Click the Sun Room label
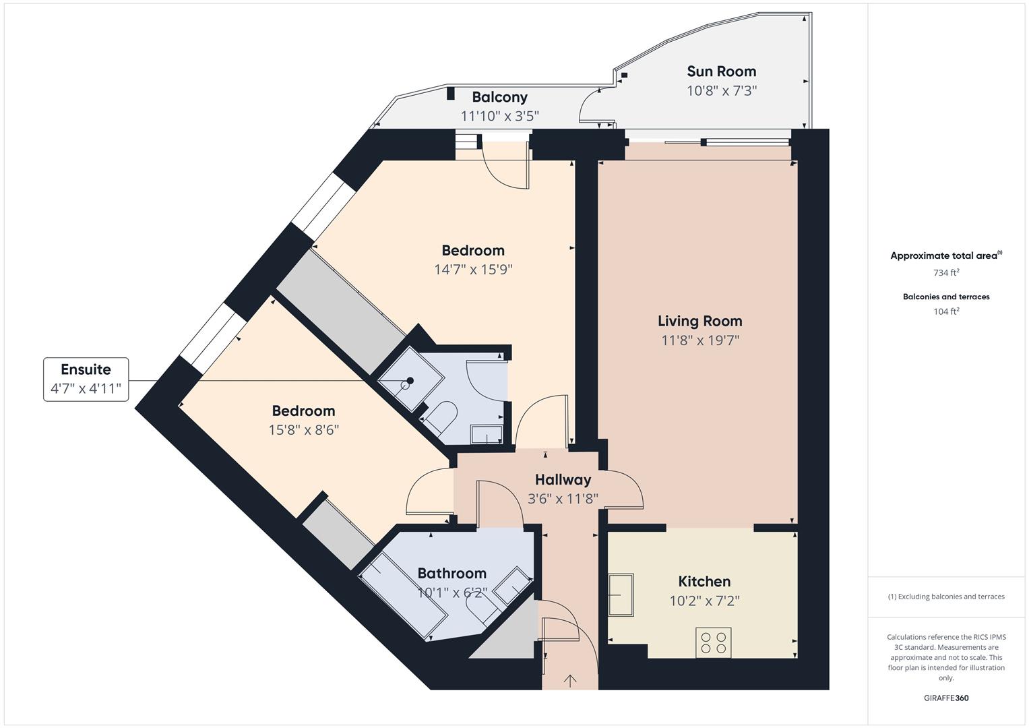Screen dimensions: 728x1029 [x=721, y=71]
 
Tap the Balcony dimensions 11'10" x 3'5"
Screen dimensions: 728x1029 [x=499, y=116]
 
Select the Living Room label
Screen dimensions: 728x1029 [x=699, y=321]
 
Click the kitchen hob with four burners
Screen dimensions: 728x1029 [x=713, y=642]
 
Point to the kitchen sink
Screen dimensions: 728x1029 [x=621, y=595]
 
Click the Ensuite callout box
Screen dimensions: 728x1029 [x=86, y=380]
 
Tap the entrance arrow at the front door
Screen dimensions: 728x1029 [x=570, y=680]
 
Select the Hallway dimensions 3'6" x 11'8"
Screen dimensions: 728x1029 [x=563, y=499]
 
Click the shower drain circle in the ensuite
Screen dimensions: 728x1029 [x=406, y=385]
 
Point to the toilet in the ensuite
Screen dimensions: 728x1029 [x=441, y=415]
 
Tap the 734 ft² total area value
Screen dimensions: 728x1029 [x=945, y=273]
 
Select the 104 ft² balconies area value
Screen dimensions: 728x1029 [x=945, y=311]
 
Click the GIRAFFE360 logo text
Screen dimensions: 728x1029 [x=945, y=698]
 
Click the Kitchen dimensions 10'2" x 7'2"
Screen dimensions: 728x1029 [x=704, y=601]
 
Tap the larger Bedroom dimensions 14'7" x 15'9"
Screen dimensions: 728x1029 [x=473, y=270]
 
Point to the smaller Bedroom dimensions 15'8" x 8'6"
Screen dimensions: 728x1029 [x=303, y=430]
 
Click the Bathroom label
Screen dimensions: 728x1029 [x=451, y=574]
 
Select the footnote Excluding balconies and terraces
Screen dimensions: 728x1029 [x=945, y=597]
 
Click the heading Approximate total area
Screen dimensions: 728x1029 [x=943, y=256]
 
